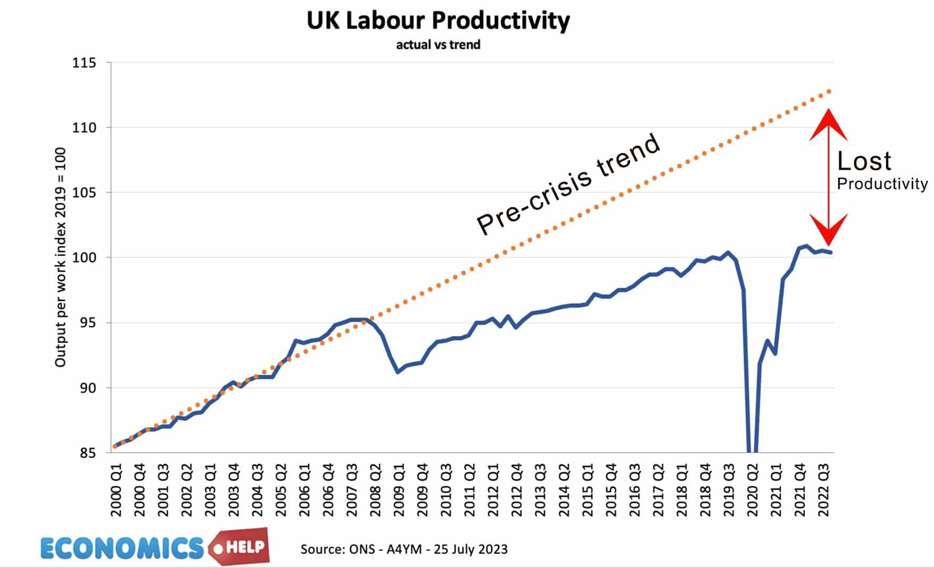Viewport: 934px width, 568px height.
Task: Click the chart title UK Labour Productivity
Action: (x=438, y=21)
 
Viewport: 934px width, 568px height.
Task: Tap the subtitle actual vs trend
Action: (x=438, y=45)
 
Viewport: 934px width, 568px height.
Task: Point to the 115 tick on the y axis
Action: (x=84, y=63)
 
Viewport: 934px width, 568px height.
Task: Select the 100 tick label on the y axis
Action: (x=84, y=257)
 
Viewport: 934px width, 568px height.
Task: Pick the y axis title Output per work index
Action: (x=60, y=257)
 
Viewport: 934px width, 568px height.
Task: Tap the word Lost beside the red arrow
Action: (x=864, y=161)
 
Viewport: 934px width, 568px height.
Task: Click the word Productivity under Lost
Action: (x=882, y=184)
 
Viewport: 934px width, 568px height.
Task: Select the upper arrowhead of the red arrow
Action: (x=828, y=123)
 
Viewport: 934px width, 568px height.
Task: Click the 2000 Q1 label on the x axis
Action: (x=116, y=490)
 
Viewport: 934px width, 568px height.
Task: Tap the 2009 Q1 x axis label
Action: (x=399, y=490)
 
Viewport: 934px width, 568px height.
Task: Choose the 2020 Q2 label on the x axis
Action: (x=752, y=490)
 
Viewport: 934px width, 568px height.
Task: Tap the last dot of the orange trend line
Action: (x=829, y=91)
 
